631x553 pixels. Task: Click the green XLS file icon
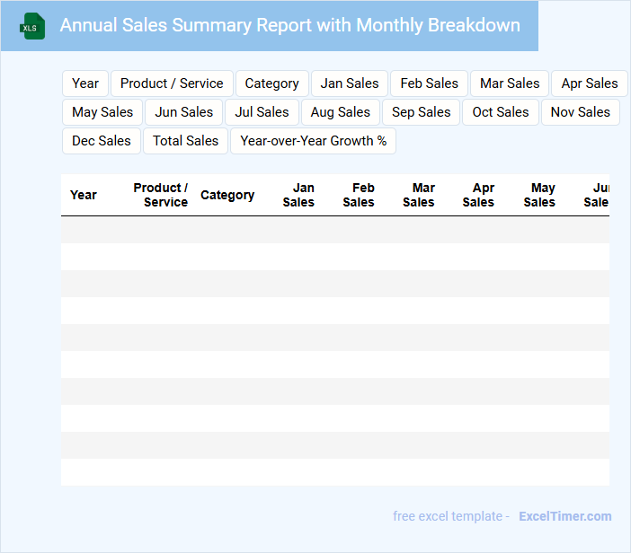(33, 26)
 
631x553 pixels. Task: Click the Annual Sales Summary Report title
(289, 25)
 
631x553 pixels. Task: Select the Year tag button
(85, 83)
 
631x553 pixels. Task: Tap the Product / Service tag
(172, 83)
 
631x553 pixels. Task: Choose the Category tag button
(271, 83)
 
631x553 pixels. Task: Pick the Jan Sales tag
(350, 83)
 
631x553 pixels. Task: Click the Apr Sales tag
(589, 83)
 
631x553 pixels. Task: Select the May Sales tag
(102, 112)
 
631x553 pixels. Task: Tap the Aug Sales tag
(341, 112)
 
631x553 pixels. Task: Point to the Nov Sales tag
(580, 112)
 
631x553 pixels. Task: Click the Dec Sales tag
(102, 141)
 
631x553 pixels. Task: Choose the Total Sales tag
(185, 141)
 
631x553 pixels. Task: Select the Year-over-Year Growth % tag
(313, 141)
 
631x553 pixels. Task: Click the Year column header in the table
(84, 195)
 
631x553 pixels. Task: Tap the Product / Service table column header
(161, 195)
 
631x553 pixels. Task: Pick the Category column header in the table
(227, 195)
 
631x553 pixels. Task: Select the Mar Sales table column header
(419, 195)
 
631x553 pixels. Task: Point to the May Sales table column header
(539, 195)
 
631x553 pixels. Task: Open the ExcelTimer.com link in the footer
(564, 516)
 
